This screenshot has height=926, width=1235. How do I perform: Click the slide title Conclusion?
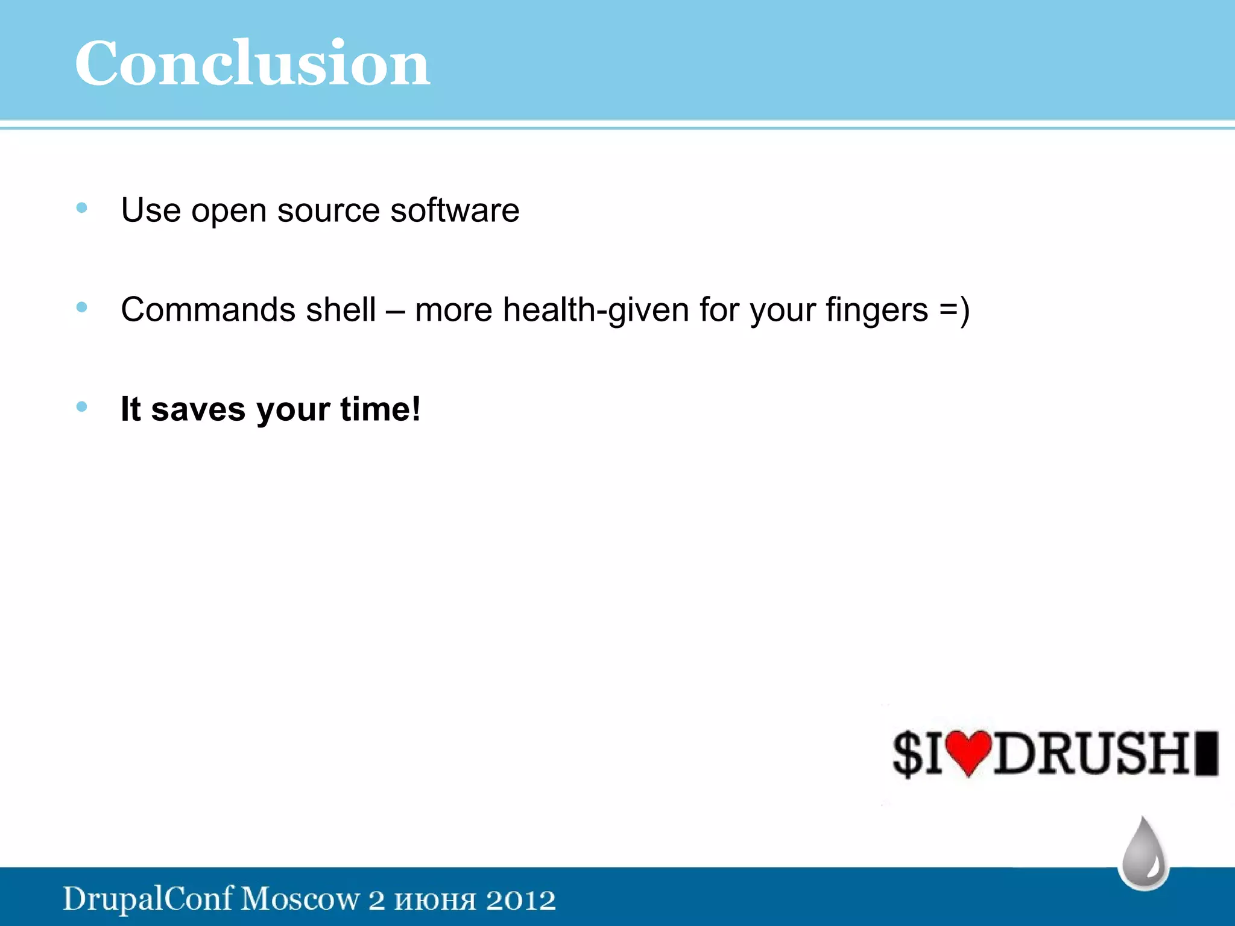252,63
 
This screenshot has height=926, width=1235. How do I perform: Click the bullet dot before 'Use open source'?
82,209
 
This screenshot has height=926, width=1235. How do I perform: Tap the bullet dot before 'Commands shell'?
82,308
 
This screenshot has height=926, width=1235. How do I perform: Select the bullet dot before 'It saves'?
82,407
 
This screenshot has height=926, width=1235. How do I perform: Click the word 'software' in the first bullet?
455,210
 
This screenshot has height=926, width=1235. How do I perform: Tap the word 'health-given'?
596,310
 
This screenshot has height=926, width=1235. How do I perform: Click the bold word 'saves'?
198,409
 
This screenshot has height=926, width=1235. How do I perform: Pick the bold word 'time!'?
380,409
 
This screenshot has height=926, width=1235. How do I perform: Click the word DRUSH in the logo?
1091,754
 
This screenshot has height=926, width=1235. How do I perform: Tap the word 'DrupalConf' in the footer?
148,899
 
